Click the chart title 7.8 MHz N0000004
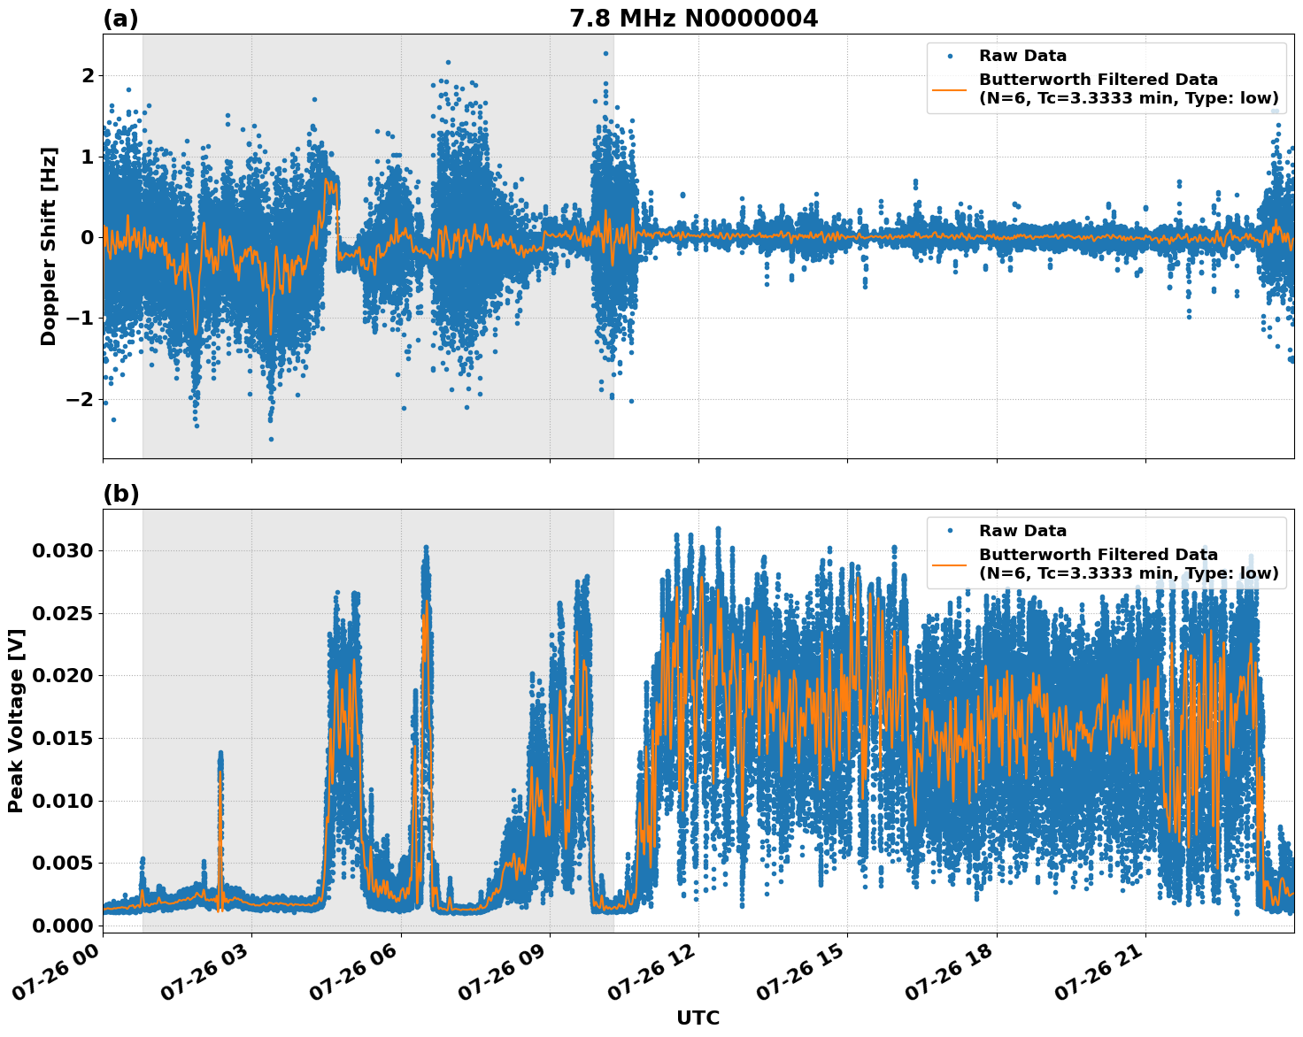point(693,19)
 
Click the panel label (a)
point(120,19)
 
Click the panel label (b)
point(120,494)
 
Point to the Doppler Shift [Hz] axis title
point(49,246)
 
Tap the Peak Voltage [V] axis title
point(15,720)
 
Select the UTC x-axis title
point(698,1018)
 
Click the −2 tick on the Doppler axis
point(79,399)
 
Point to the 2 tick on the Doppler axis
point(87,75)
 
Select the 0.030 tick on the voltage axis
point(62,551)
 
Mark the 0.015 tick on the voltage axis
point(62,739)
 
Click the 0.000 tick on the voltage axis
point(62,926)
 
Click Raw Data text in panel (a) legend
point(1022,56)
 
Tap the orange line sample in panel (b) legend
point(950,564)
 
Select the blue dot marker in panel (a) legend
point(950,56)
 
